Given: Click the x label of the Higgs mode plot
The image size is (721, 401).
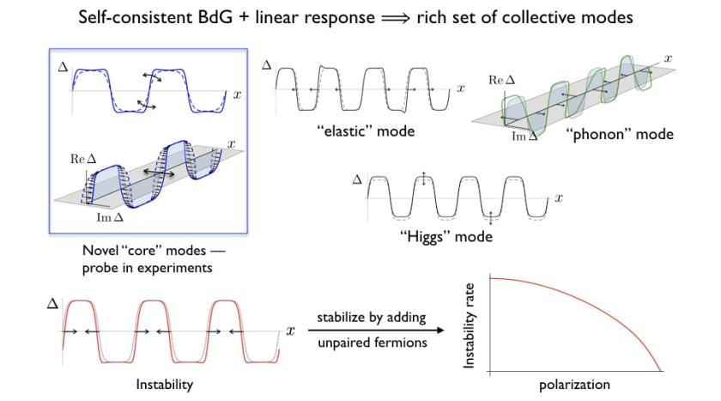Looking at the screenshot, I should point(558,198).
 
